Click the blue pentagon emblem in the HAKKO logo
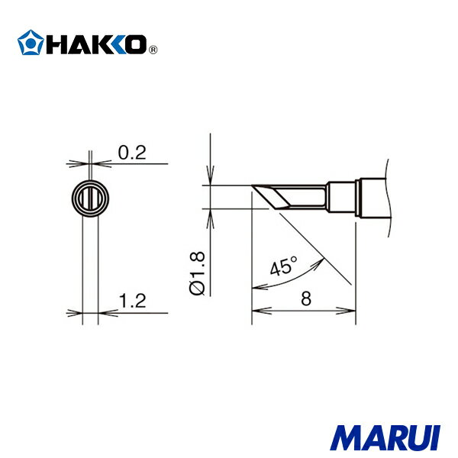pyautogui.click(x=29, y=43)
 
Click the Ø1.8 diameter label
pyautogui.click(x=196, y=272)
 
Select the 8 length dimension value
pyautogui.click(x=305, y=300)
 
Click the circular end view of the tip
pyautogui.click(x=89, y=199)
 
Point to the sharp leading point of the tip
pyautogui.click(x=252, y=185)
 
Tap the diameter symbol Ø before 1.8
pyautogui.click(x=196, y=288)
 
